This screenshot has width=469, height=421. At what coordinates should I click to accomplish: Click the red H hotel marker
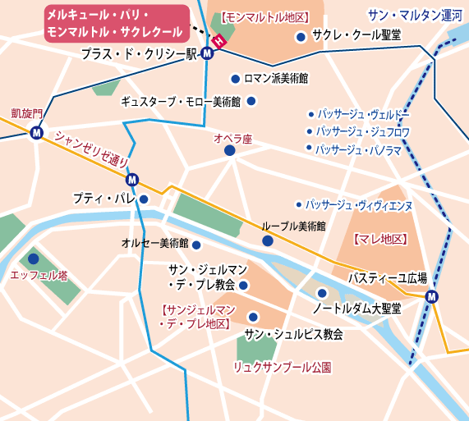[x=218, y=41]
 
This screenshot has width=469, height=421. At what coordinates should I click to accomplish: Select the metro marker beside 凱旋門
[x=36, y=133]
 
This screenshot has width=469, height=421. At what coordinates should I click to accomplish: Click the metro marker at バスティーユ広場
[x=432, y=297]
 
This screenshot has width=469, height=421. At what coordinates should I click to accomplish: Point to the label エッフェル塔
[x=39, y=276]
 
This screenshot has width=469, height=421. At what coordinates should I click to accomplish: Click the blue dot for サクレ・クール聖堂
[x=301, y=37]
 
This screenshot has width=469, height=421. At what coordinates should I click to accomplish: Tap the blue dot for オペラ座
[x=229, y=151]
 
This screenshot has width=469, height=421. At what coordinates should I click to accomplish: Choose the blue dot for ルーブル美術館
[x=268, y=240]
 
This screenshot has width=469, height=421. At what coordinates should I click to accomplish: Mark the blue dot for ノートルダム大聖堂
[x=322, y=293]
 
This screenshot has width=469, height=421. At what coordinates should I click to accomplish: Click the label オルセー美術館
[x=155, y=244]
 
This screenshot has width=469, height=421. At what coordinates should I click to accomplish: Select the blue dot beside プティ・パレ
[x=144, y=199]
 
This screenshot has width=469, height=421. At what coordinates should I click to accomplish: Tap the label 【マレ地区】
[x=379, y=239]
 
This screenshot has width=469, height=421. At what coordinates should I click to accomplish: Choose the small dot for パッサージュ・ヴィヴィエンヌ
[x=299, y=204]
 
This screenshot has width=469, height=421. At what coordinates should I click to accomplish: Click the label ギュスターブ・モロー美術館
[x=181, y=102]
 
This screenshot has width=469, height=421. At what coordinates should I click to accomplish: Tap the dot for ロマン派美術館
[x=236, y=79]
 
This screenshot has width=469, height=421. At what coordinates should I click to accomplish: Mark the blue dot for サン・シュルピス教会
[x=253, y=317]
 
